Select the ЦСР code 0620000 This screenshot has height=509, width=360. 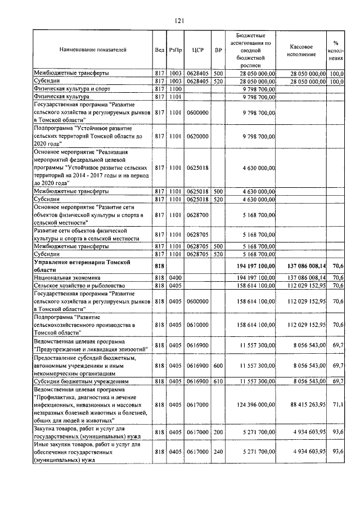197,136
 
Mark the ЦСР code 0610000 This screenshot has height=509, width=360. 197,325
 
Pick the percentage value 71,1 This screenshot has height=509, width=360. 338,404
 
